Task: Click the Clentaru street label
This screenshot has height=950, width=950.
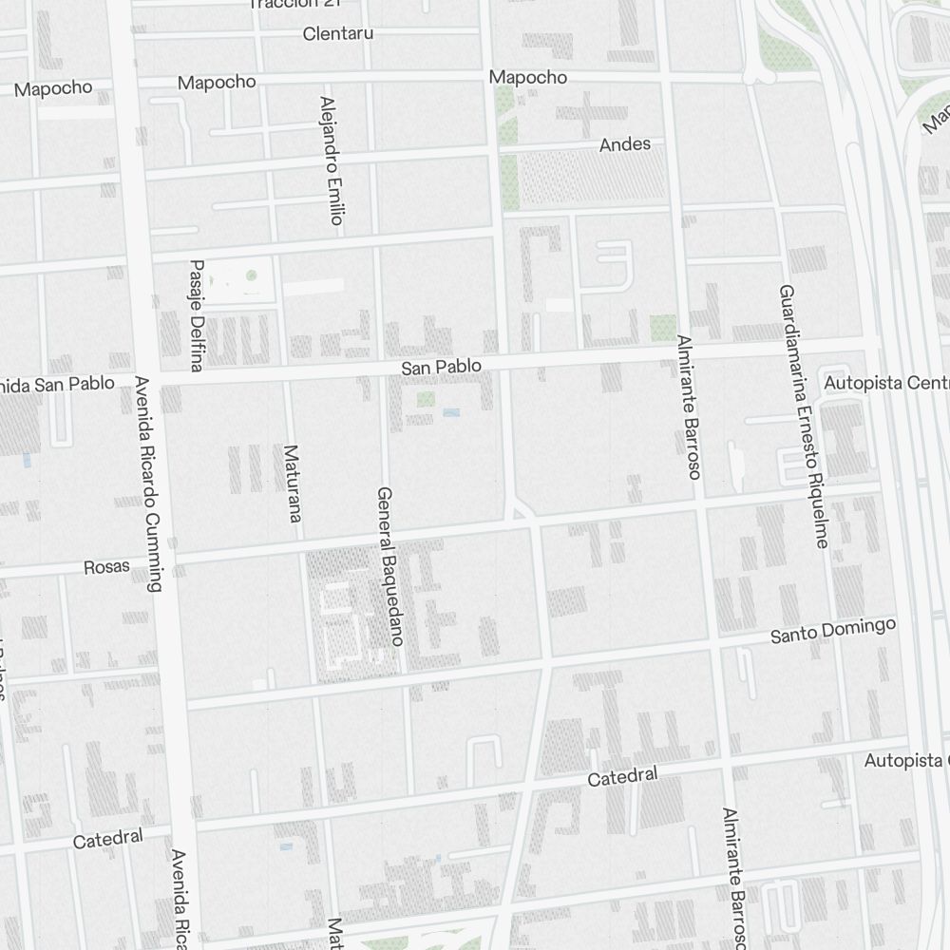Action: click(337, 34)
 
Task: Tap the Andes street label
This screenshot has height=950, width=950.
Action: click(625, 144)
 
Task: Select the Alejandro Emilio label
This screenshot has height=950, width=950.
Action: click(330, 160)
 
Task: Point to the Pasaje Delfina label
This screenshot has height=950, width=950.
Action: click(197, 314)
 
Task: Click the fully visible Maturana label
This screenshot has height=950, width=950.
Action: click(292, 484)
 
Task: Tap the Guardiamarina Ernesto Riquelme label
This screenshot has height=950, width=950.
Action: click(803, 416)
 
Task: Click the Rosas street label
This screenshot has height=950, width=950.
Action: click(106, 567)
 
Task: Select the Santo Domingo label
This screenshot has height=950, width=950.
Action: click(832, 631)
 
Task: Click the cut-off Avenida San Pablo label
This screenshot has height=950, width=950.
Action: click(57, 385)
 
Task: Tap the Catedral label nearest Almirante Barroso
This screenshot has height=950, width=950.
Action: click(622, 777)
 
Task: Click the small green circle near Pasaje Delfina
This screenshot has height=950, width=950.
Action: click(251, 275)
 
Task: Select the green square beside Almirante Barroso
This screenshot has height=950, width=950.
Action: click(663, 328)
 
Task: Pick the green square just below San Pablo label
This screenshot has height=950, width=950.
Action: click(425, 399)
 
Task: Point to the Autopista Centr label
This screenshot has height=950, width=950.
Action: click(886, 383)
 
